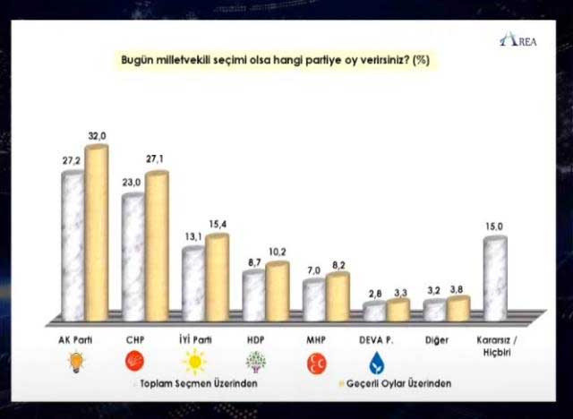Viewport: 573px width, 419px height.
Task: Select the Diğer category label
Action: tap(437, 340)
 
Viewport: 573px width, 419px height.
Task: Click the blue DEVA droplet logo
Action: tap(378, 363)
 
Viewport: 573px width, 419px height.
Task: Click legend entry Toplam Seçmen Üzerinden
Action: tap(196, 383)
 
